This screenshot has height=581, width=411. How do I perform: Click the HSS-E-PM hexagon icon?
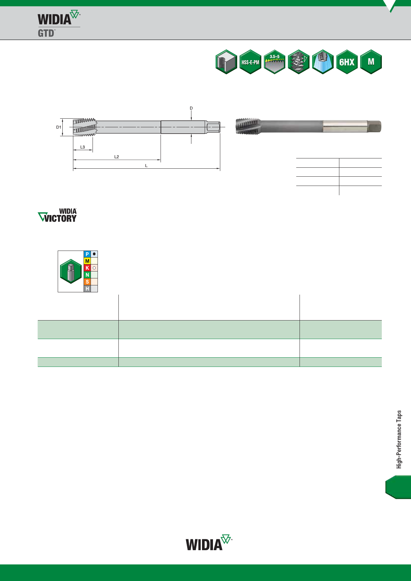[x=250, y=62]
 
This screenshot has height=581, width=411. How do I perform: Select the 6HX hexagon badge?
[x=347, y=62]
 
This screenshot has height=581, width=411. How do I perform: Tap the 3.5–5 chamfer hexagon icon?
[x=275, y=62]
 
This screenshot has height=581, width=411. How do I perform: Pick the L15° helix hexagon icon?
[x=299, y=62]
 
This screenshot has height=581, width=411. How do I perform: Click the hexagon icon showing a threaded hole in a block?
[x=226, y=62]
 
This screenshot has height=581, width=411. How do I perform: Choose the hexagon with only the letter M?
[x=371, y=62]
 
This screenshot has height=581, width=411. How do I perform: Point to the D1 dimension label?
[x=59, y=127]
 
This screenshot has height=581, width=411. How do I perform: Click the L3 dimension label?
[x=83, y=147]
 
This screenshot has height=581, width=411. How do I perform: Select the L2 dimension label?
[x=116, y=157]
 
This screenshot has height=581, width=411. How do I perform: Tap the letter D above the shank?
[x=191, y=108]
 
